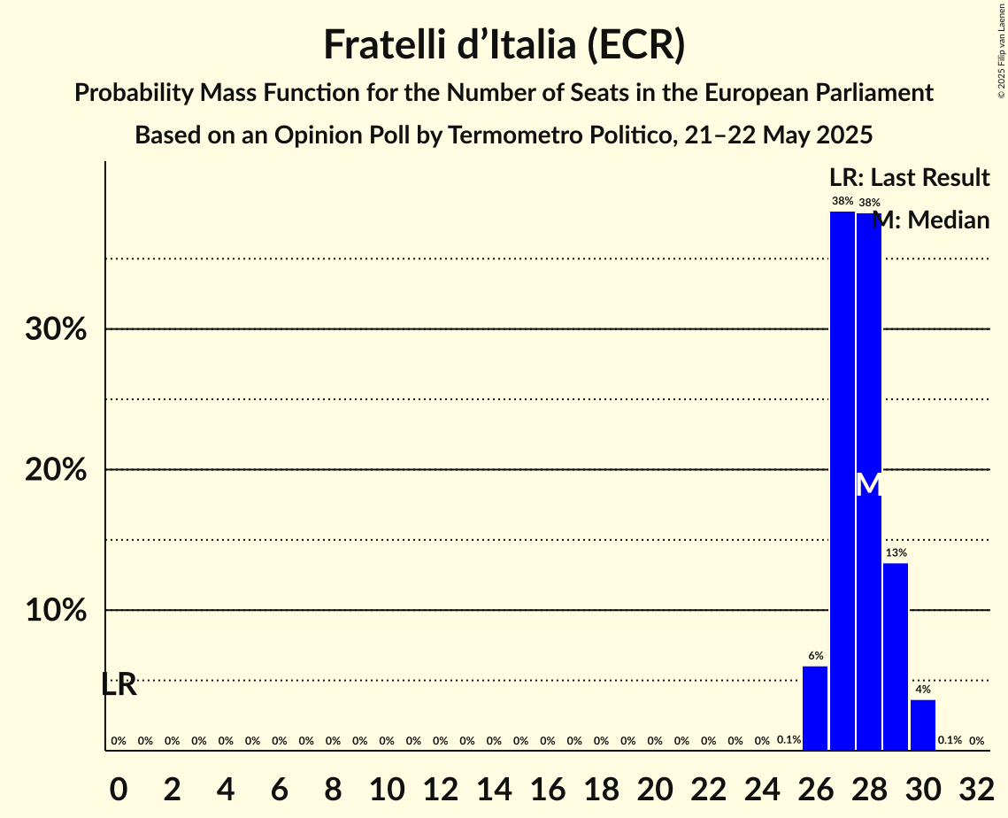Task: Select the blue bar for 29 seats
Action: [x=896, y=656]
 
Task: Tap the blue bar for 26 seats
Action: [x=815, y=708]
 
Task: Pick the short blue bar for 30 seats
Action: [x=922, y=725]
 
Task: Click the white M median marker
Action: [x=869, y=484]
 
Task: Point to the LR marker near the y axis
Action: [x=119, y=684]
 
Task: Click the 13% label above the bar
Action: [x=896, y=552]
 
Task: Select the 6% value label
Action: [x=815, y=656]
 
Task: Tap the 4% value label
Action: [x=922, y=690]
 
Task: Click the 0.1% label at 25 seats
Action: [x=789, y=740]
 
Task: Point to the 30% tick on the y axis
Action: [x=55, y=329]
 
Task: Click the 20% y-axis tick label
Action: [x=55, y=470]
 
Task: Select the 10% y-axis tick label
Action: [x=55, y=611]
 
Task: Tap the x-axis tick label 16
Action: [x=547, y=785]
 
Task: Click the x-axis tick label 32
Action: [x=976, y=785]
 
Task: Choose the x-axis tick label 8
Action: [x=333, y=785]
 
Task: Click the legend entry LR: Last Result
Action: [x=909, y=178]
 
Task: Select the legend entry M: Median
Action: [x=931, y=220]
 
